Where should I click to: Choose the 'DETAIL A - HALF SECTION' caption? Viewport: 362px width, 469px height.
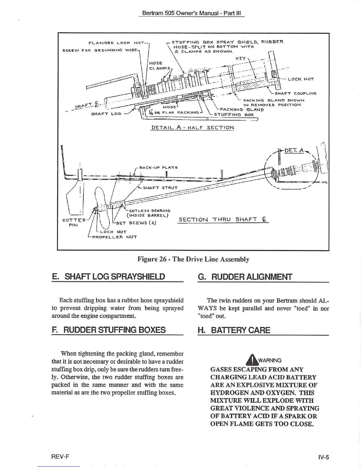[193, 128]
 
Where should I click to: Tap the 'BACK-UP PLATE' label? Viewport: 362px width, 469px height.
[158, 168]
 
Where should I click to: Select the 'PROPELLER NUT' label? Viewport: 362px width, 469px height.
[114, 237]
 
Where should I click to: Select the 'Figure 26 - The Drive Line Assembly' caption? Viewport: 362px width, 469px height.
[193, 259]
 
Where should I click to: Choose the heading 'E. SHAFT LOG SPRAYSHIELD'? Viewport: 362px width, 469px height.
[108, 277]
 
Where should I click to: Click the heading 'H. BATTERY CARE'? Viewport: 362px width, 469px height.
[234, 330]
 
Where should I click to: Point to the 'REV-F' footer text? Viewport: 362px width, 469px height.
[61, 456]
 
